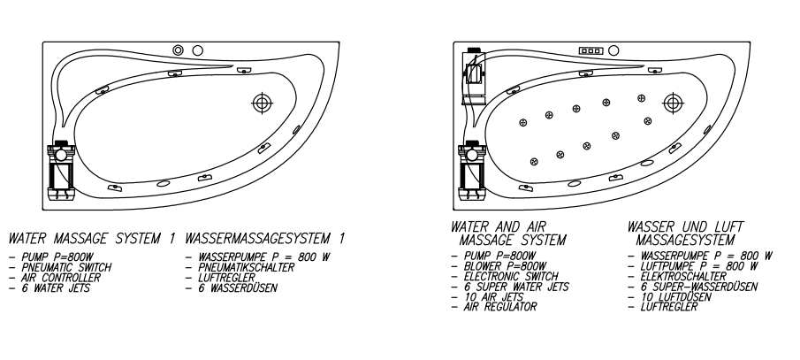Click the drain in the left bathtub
point(263,103)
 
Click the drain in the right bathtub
point(673,103)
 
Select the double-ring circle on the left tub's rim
point(178,50)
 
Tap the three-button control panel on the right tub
point(590,50)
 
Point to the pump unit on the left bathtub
point(61,171)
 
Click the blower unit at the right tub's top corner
point(474,77)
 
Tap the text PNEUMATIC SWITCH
point(66,267)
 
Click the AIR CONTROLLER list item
point(61,277)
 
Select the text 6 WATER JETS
point(56,288)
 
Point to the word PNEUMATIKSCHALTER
point(247,267)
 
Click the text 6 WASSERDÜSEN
point(238,288)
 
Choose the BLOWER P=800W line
point(505,266)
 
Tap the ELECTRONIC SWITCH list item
point(511,276)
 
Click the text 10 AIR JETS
point(494,296)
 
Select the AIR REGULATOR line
point(500,307)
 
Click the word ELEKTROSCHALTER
point(683,276)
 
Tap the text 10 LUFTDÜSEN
point(675,296)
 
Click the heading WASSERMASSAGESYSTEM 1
point(265,239)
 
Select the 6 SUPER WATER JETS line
point(516,287)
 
